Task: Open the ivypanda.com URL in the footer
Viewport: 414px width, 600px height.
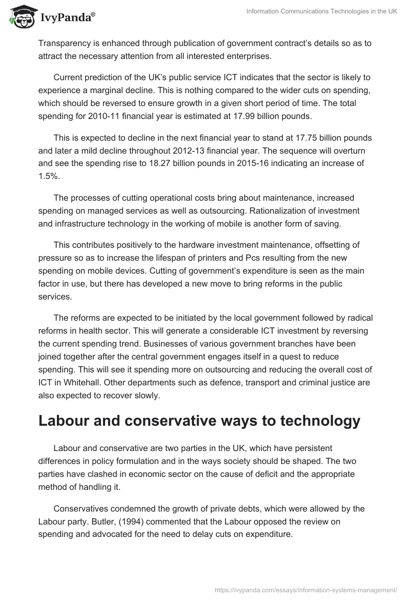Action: (x=306, y=589)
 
